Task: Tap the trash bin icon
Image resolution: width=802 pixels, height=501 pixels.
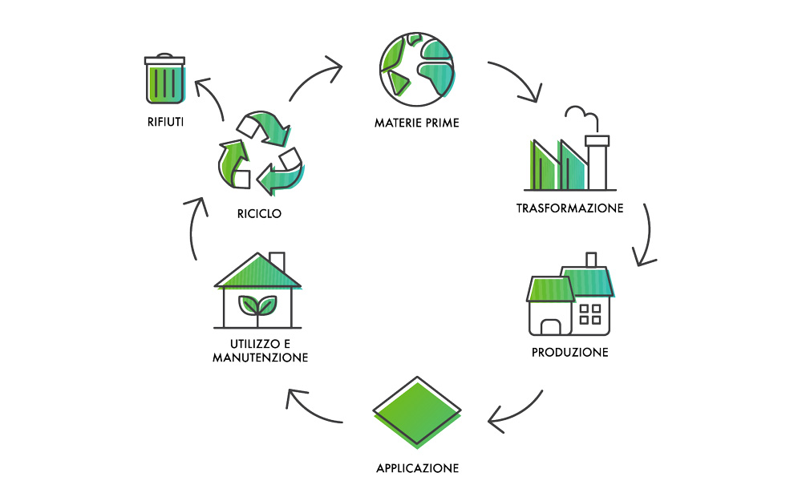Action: pyautogui.click(x=164, y=79)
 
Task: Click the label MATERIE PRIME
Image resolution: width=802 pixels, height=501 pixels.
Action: pyautogui.click(x=416, y=123)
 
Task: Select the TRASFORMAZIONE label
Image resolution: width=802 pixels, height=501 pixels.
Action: pyautogui.click(x=569, y=208)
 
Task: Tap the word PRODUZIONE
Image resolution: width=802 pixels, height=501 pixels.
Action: pyautogui.click(x=569, y=353)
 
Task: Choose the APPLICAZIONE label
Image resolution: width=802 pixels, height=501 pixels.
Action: pyautogui.click(x=417, y=468)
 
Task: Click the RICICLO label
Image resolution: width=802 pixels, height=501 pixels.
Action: pyautogui.click(x=259, y=214)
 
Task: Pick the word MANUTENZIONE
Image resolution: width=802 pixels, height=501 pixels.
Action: pyautogui.click(x=260, y=358)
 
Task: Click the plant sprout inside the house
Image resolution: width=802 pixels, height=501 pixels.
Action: pyautogui.click(x=257, y=307)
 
